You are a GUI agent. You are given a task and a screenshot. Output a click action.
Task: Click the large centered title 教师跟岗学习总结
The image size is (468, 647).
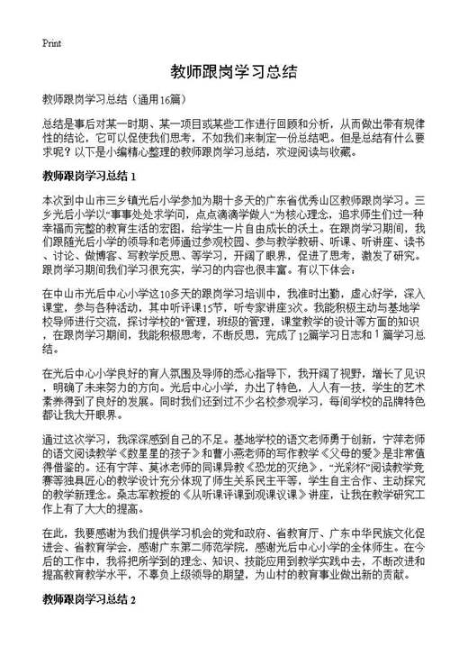(x=233, y=71)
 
